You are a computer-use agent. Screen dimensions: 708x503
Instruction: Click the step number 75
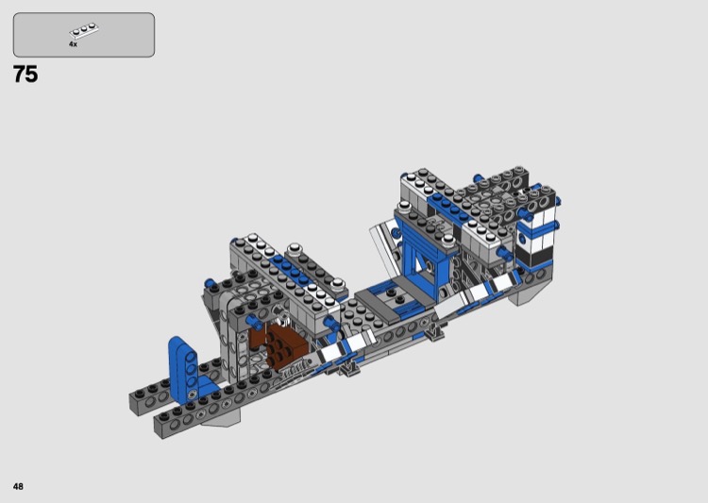pos(25,75)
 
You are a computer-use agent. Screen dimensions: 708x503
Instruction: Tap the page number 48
pos(18,486)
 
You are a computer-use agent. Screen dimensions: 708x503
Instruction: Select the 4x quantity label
pos(73,44)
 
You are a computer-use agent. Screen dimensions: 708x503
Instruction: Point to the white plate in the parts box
pos(84,30)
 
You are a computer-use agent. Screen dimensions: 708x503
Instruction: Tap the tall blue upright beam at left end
pos(184,368)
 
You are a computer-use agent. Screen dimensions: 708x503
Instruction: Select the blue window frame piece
pos(424,260)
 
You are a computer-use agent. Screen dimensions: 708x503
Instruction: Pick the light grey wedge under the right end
pos(525,295)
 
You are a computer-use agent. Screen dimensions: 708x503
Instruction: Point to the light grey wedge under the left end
pos(221,419)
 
